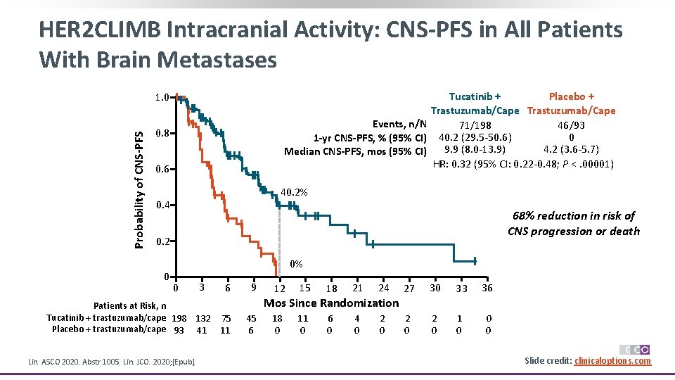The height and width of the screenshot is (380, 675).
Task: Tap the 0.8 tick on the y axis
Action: pos(162,133)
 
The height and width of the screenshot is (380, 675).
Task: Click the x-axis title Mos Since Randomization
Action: pos(330,303)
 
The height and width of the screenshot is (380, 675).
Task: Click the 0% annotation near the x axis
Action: pos(296,265)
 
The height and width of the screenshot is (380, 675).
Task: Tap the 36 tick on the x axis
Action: pos(487,288)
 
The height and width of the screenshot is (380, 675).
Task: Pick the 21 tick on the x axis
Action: pos(357,288)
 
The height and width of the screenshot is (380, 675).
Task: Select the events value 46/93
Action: pos(571,125)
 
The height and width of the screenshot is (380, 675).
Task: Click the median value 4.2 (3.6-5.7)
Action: pos(571,148)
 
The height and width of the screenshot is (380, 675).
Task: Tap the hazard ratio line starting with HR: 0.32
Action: pos(523,165)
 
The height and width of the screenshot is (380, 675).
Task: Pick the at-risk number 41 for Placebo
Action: pos(201,329)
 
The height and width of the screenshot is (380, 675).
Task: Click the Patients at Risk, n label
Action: pos(130,306)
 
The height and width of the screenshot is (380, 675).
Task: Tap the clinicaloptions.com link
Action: pos(612,361)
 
